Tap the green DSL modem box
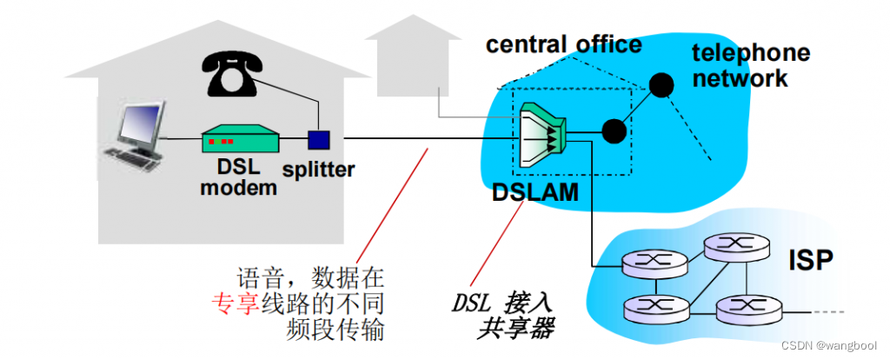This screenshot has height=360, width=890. pyautogui.click(x=240, y=139)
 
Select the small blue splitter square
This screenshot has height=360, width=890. pyautogui.click(x=320, y=139)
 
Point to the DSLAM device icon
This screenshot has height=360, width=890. pyautogui.click(x=545, y=130)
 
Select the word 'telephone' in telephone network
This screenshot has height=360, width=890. pyautogui.click(x=750, y=53)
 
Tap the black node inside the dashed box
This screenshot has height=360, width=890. pyautogui.click(x=614, y=130)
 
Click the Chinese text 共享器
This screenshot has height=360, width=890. pyautogui.click(x=515, y=330)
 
